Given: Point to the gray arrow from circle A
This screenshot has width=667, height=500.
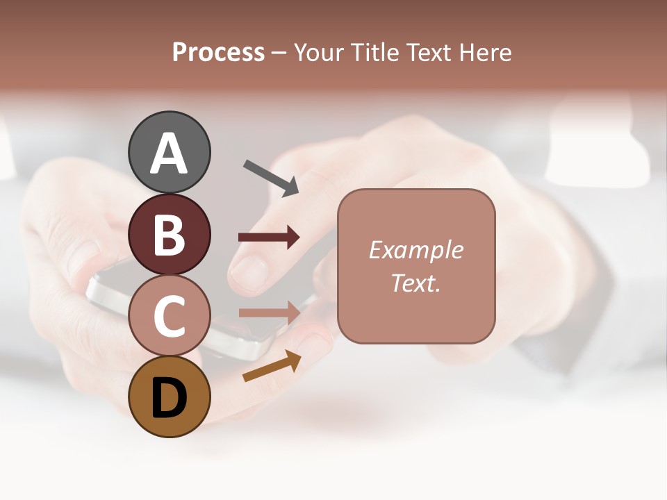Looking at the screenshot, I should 271,178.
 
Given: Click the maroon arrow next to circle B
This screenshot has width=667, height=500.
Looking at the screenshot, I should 269,237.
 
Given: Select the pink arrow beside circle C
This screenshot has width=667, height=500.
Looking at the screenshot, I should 269,312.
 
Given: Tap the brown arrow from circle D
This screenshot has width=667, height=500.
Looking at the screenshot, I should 272,367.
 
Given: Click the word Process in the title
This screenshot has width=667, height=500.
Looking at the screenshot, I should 218,52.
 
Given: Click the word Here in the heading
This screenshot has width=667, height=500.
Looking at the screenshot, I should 485,52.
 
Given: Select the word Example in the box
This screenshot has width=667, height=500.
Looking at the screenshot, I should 415,250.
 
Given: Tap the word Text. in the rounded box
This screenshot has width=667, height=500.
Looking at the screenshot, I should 415,283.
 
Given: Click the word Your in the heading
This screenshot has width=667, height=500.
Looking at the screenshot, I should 318,52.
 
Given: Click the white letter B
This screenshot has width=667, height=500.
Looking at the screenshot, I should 169,235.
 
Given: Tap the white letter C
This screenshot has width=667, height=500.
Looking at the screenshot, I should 169,317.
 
